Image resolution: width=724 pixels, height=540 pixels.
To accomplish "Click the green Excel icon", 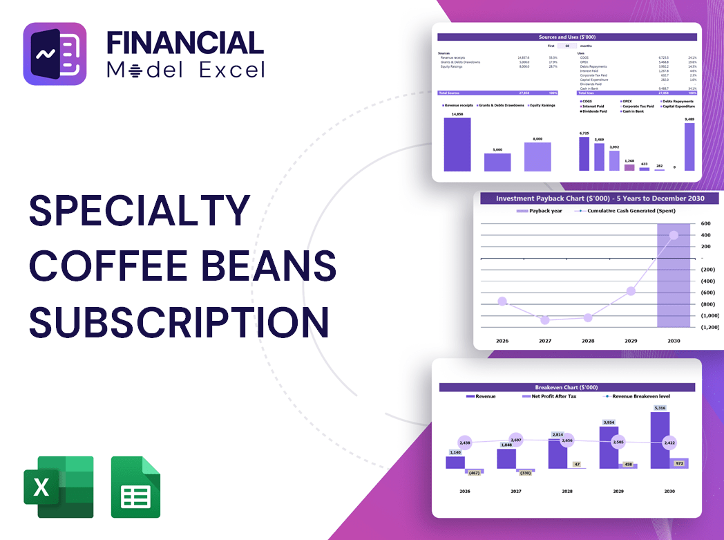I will tap(59, 487).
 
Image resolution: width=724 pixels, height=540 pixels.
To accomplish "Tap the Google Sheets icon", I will tap(135, 487).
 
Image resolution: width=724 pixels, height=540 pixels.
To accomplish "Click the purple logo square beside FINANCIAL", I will tap(55, 54).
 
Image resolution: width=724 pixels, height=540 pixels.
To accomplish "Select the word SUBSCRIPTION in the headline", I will tap(179, 322).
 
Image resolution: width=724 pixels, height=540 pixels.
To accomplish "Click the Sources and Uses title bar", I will tap(567, 37).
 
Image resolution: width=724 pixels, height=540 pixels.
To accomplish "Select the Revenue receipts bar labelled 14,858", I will tap(457, 145).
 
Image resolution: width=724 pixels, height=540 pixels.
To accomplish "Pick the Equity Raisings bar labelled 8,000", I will tap(537, 157).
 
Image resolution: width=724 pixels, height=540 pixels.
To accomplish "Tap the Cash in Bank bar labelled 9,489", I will tap(689, 147).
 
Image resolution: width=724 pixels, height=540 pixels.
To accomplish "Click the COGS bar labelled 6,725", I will tap(584, 153).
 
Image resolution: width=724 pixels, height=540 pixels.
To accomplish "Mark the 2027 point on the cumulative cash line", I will tap(544, 320).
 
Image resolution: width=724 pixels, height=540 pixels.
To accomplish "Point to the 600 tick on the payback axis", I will tap(705, 223).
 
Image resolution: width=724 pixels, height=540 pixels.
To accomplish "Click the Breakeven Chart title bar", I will tap(566, 387).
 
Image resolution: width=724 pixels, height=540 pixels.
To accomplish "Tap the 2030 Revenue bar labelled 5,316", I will tap(660, 440).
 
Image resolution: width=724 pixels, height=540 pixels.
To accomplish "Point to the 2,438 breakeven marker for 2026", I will tap(464, 442).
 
